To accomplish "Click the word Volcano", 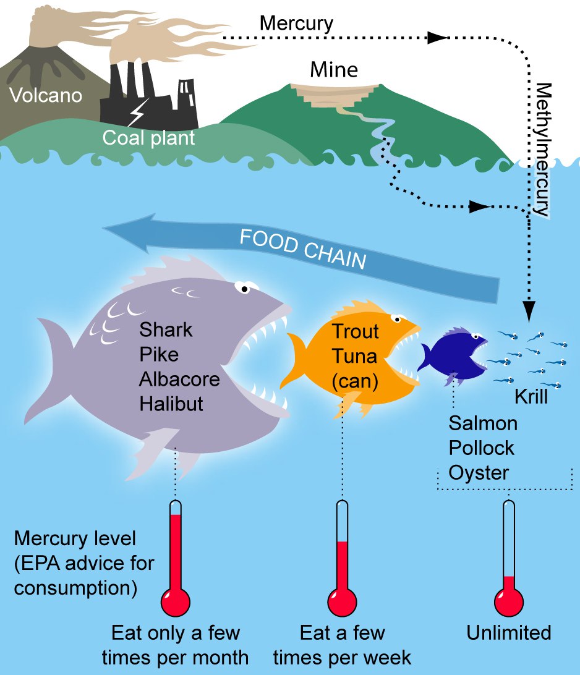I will click(46, 96).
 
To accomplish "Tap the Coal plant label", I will click(148, 137).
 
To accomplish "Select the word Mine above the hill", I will click(334, 69).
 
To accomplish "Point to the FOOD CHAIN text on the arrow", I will click(303, 248).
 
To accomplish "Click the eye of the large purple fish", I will click(245, 288).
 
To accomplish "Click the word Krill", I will click(531, 396).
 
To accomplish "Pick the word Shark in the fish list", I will click(166, 330).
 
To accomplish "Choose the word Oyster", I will click(479, 473).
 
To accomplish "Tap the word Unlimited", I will click(509, 633).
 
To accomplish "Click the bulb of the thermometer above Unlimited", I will click(509, 601).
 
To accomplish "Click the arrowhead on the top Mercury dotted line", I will click(437, 38).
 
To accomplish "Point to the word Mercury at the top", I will click(296, 23).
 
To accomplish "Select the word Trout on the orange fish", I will click(356, 331).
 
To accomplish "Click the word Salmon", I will click(484, 423).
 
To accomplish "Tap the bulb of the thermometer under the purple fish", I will click(176, 601).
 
